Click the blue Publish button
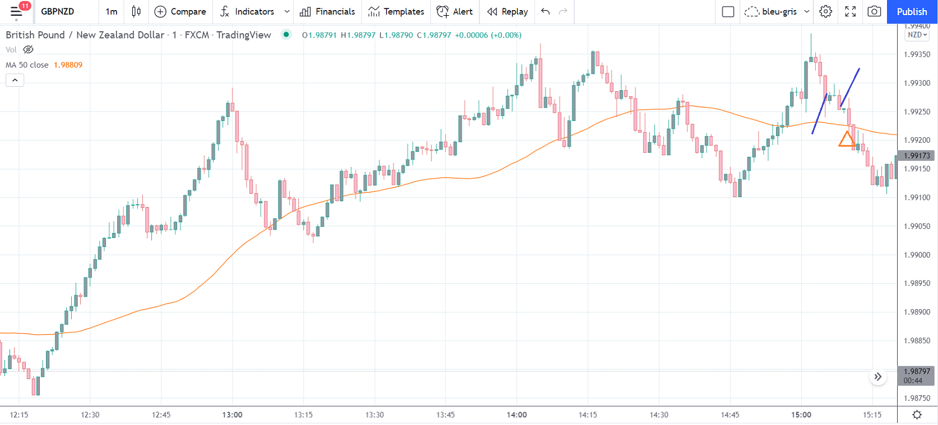click(912, 11)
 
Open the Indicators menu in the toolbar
click(247, 11)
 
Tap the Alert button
click(454, 11)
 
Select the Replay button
click(508, 11)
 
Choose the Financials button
click(327, 11)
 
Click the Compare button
click(180, 11)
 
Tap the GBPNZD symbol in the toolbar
click(57, 11)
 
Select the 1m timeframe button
click(112, 11)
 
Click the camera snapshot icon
click(874, 11)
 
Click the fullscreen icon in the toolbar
click(850, 11)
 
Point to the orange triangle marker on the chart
click(846, 139)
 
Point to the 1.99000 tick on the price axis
click(917, 255)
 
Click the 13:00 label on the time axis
click(232, 415)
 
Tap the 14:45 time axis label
click(730, 415)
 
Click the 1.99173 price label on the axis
click(917, 156)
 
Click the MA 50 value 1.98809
click(68, 65)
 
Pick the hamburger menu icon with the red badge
click(16, 11)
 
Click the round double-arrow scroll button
click(877, 377)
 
